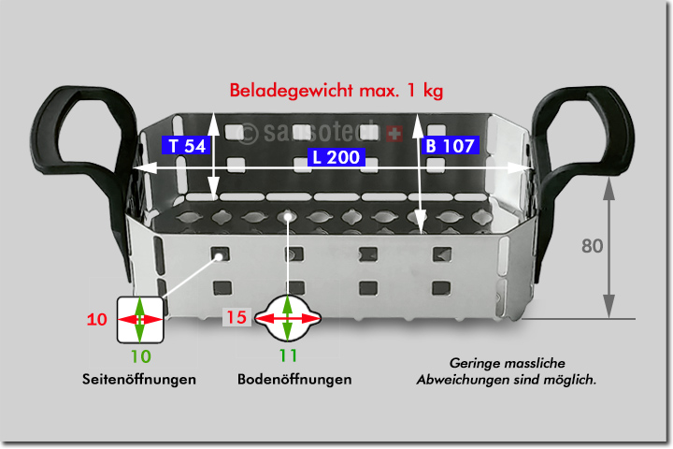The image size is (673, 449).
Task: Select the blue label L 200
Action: point(337,158)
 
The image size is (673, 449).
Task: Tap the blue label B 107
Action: point(451,146)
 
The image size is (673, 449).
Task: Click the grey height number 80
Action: point(592,247)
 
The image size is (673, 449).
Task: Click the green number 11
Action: point(287,355)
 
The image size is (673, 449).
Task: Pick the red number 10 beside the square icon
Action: point(96,319)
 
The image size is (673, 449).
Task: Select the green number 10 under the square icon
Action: point(139,355)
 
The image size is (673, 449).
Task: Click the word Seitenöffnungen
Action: point(139,379)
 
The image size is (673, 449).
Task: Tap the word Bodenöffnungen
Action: point(294,379)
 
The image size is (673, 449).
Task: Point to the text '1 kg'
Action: point(423,91)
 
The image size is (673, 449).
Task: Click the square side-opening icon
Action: point(139,319)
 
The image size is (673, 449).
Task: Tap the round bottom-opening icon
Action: point(287,319)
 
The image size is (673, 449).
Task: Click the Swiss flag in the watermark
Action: point(394,135)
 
